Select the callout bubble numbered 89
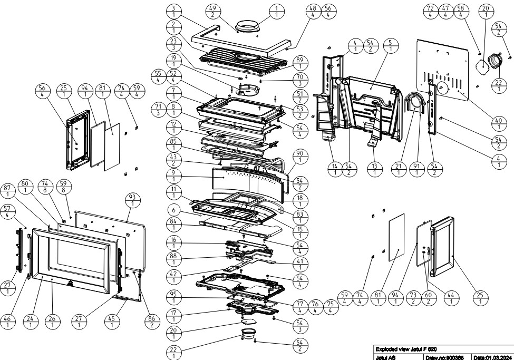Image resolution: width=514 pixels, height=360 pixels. click(x=299, y=63)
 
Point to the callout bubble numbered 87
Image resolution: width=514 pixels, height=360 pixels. click(x=7, y=191)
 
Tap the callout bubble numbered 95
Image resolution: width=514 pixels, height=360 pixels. click(x=174, y=297)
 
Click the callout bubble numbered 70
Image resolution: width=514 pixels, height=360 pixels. click(x=299, y=80)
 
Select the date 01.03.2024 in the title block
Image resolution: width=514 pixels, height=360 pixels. click(x=493, y=357)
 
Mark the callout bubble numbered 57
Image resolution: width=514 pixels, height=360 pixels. click(x=7, y=211)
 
